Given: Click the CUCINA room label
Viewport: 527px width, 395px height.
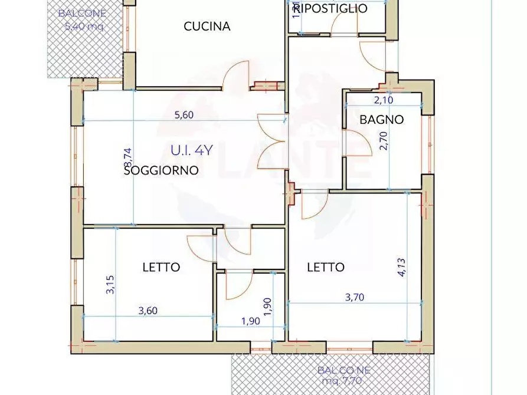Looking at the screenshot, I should [207, 27].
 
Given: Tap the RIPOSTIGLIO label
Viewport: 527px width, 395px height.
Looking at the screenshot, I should [330, 8].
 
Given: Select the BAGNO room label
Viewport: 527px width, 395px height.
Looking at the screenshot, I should [382, 120].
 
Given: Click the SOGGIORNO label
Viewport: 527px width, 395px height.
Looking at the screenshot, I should [161, 171].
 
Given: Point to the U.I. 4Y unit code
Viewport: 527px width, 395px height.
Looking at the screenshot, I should [191, 150].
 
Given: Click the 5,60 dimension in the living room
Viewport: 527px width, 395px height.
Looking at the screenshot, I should [184, 116].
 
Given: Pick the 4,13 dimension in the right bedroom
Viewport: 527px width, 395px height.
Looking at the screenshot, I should [401, 266].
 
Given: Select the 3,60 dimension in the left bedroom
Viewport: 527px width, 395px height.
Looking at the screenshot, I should [149, 311].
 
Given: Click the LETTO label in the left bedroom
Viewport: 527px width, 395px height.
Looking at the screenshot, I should [161, 267].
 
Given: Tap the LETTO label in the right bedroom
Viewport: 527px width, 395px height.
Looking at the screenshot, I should [325, 267].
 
